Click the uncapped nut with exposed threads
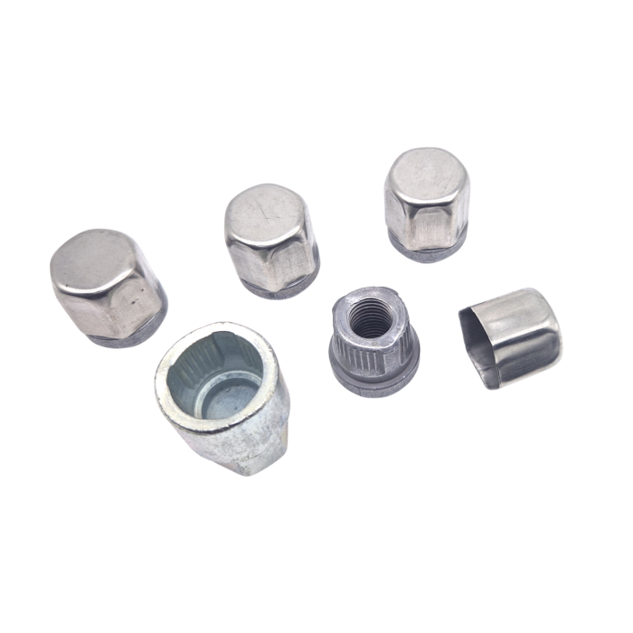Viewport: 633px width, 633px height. point(372,339)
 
